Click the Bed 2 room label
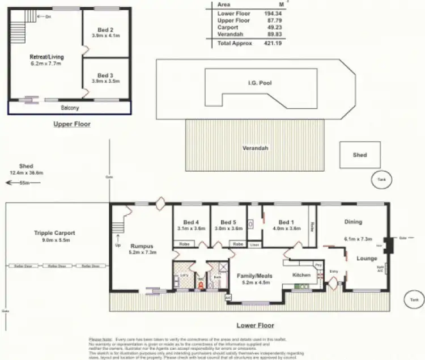[105, 30]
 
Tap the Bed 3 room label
[105, 75]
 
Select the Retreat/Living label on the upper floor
[46, 57]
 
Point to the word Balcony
[70, 108]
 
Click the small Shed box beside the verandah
[359, 154]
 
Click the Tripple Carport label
[54, 233]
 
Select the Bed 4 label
[192, 222]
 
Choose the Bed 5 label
[228, 222]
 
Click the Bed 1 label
[285, 222]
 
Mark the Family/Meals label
[257, 276]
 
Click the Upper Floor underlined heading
[72, 124]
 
